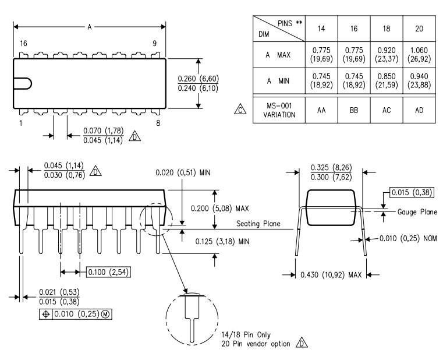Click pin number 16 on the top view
click(x=23, y=44)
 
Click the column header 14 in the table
click(x=321, y=29)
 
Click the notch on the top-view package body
click(x=24, y=83)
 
